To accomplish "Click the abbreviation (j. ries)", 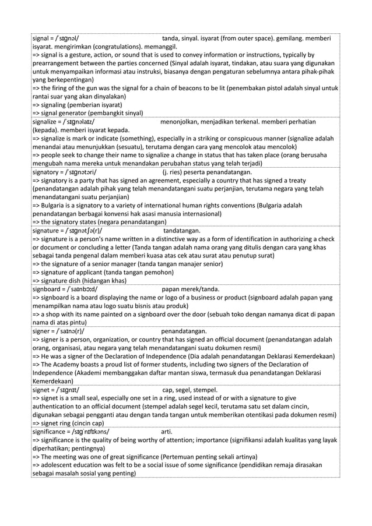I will pos(173,172).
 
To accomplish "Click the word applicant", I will pos(89,267).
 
